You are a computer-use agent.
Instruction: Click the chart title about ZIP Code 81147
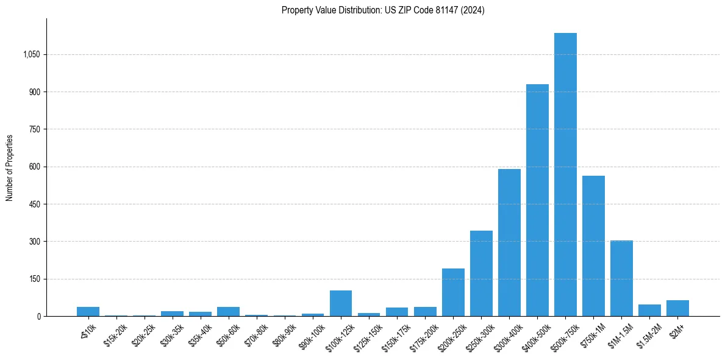pyautogui.click(x=383, y=10)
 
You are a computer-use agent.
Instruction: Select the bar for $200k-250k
pyautogui.click(x=453, y=292)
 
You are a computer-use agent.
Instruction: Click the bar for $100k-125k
pyautogui.click(x=341, y=303)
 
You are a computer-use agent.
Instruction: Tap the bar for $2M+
pyautogui.click(x=677, y=308)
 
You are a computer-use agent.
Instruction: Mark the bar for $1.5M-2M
pyautogui.click(x=649, y=310)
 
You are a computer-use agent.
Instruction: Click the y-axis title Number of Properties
pyautogui.click(x=10, y=167)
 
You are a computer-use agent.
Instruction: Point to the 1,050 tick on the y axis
pyautogui.click(x=31, y=54)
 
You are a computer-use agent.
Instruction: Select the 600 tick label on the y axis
pyautogui.click(x=34, y=167)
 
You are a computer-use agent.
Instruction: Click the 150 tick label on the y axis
pyautogui.click(x=34, y=279)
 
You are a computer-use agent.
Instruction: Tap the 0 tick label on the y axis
pyautogui.click(x=38, y=316)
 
